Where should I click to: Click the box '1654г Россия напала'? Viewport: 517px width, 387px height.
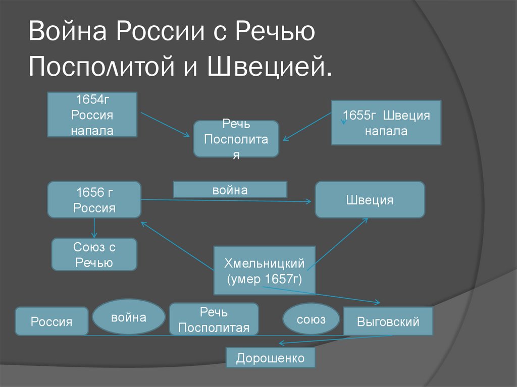click(x=92, y=115)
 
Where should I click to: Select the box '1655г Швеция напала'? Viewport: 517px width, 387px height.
click(x=386, y=123)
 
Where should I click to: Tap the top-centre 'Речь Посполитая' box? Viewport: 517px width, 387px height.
click(x=236, y=139)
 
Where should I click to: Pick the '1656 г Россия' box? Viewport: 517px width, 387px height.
click(x=94, y=200)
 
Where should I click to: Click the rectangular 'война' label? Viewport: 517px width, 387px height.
click(x=230, y=190)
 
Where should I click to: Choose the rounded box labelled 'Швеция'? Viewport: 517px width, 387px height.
click(x=370, y=200)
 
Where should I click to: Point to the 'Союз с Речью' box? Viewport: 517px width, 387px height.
click(x=94, y=254)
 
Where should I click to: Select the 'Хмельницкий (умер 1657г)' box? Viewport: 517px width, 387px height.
click(x=265, y=270)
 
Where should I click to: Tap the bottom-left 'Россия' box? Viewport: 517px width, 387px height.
click(x=51, y=321)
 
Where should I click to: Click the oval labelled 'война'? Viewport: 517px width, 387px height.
click(x=129, y=317)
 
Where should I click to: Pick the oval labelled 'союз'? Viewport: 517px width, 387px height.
click(x=311, y=319)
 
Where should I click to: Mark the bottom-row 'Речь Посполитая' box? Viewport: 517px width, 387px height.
click(x=214, y=319)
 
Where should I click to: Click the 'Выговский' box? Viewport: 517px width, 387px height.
click(x=388, y=321)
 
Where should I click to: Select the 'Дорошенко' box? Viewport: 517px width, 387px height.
click(x=271, y=358)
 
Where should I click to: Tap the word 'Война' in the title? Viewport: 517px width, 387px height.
click(x=68, y=31)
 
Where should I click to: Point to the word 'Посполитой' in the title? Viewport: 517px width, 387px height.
click(x=101, y=66)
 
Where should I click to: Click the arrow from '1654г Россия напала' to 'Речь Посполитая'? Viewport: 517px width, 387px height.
click(x=165, y=125)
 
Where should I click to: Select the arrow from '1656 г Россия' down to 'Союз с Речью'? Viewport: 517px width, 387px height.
click(x=94, y=228)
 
